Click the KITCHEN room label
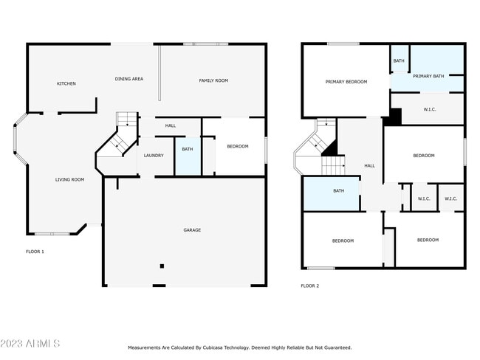[66, 83]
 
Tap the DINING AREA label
[128, 78]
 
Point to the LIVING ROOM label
[70, 179]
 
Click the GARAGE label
[192, 230]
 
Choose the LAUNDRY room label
[154, 156]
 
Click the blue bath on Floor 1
[188, 155]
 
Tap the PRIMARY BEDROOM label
[346, 82]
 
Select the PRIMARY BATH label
[428, 76]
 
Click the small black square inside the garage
[162, 266]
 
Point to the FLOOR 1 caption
[35, 252]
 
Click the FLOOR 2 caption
[309, 285]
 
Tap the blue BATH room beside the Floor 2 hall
[338, 191]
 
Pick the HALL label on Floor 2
[369, 165]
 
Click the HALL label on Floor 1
[171, 125]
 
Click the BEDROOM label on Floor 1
[237, 147]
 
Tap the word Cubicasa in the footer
[211, 347]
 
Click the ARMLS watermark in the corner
[31, 344]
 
